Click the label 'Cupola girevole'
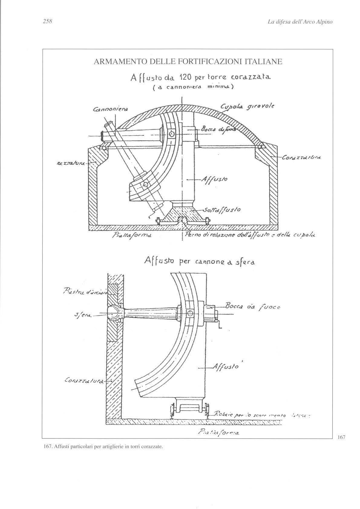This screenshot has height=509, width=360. click(x=247, y=107)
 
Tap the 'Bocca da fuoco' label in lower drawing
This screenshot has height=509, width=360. click(x=253, y=307)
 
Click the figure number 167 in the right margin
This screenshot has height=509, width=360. click(x=341, y=437)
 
